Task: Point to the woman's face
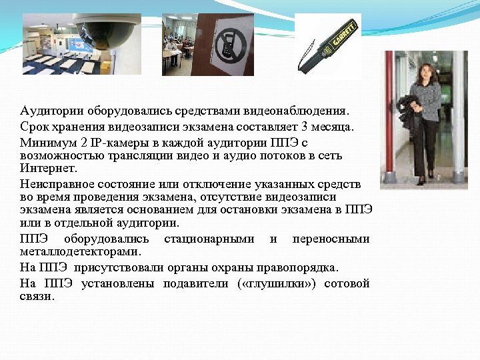click(425, 72)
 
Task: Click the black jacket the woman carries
click(407, 113)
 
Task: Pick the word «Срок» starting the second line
click(33, 127)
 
